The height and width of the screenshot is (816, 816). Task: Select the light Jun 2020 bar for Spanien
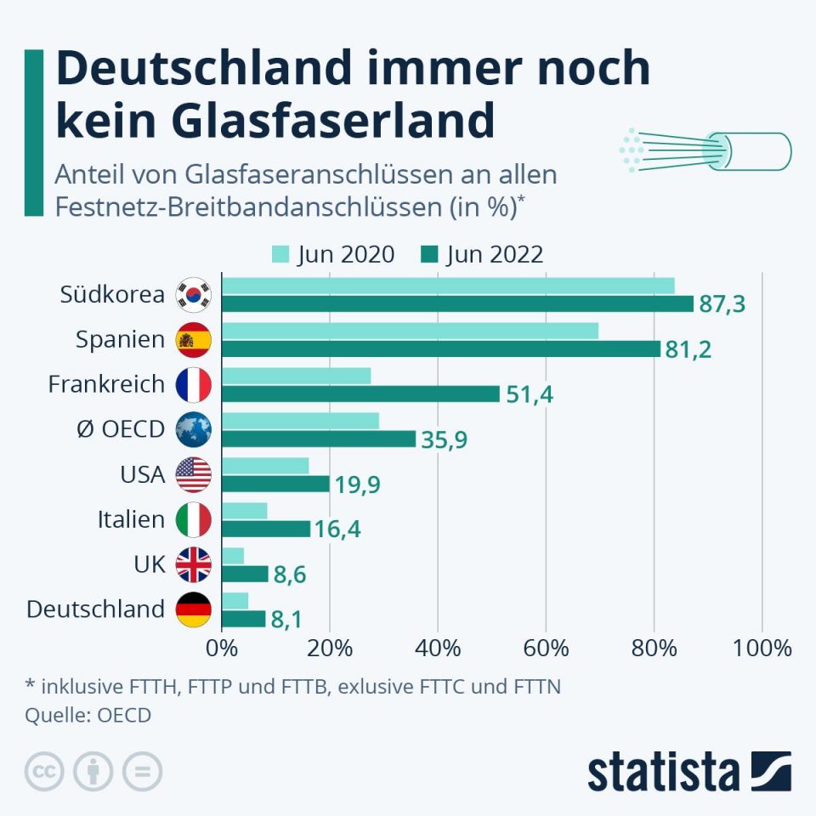[410, 331]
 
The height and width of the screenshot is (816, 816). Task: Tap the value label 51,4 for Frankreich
[529, 394]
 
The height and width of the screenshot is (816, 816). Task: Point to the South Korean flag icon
[193, 295]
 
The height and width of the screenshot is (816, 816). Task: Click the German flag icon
[193, 609]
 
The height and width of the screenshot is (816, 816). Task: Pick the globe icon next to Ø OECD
[193, 430]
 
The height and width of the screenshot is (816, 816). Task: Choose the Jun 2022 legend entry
[481, 254]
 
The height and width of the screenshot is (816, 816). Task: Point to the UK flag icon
[193, 564]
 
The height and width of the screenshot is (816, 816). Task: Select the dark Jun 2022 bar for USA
[275, 484]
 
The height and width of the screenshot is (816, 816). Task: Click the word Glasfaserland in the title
[331, 121]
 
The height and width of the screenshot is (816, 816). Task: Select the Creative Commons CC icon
[45, 772]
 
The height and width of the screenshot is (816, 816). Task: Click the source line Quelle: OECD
[88, 715]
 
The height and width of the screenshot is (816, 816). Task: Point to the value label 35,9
[445, 439]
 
